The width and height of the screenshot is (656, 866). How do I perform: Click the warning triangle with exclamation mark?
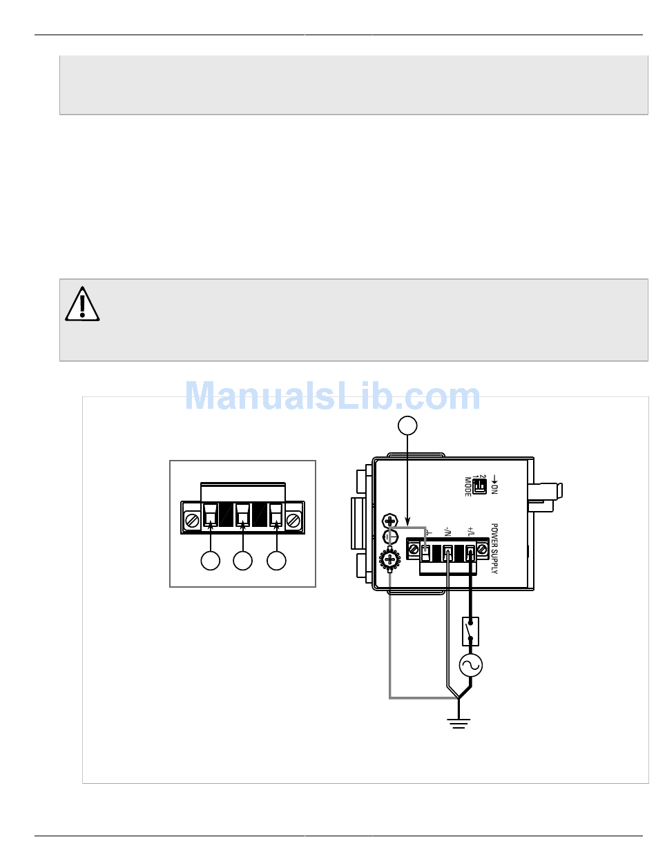82,304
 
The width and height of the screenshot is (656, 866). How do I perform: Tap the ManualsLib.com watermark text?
333,396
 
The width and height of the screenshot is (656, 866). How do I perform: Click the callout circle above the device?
407,425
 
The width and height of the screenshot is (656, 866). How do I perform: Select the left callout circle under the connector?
210,561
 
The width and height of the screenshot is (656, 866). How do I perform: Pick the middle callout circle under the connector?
242,561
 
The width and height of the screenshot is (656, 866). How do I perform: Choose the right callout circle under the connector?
276,561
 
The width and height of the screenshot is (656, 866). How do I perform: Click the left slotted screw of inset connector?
192,521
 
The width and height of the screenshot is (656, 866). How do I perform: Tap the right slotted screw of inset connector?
293,521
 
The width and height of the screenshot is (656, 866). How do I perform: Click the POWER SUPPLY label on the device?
494,548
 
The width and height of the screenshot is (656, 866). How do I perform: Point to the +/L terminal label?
470,532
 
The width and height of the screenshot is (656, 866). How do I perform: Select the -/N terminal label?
447,532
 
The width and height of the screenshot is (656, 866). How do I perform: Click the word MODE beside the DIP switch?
467,486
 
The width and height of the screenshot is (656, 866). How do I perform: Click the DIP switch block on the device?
479,486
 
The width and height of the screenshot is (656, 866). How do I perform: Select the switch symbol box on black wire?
470,631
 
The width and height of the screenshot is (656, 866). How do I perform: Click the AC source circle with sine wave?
471,665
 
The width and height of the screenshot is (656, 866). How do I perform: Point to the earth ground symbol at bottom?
459,722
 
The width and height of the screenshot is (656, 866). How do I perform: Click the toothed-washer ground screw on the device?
389,559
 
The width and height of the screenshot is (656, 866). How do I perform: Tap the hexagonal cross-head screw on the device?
389,521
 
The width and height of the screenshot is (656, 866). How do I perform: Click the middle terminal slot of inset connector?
242,515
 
